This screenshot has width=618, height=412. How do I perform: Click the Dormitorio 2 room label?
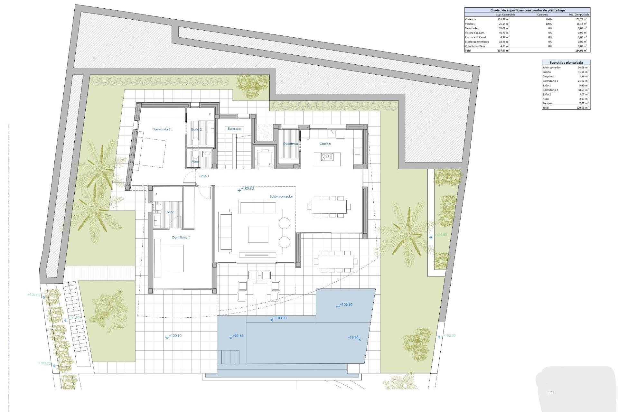coord(161,129)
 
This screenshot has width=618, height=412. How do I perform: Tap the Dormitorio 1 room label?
coord(181,237)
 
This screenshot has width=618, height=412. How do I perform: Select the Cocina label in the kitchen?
coord(325,144)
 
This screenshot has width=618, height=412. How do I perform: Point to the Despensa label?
coord(290,144)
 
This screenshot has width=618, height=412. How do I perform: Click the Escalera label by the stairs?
coord(234,129)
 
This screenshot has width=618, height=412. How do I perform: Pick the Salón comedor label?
coord(281,196)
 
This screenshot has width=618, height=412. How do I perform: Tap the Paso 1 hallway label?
coord(204,176)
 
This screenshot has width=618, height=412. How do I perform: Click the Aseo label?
coord(195,161)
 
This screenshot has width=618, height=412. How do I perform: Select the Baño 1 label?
coord(171,212)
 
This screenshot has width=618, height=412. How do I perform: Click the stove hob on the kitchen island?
coord(327,157)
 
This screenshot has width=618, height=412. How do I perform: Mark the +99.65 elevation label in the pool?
coord(238,336)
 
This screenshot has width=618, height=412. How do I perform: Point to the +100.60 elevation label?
coord(346,304)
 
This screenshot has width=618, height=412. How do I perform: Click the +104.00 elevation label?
coord(34,295)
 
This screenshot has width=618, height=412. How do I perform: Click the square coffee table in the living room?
coord(258,234)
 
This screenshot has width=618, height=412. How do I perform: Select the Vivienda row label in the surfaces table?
coord(470,19)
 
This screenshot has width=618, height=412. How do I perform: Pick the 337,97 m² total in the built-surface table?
coord(503,51)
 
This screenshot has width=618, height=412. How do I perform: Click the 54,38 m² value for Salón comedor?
coord(583,68)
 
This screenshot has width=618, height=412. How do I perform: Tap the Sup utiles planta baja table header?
coord(566,62)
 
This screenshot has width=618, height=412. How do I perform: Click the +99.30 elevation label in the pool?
coord(353,338)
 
